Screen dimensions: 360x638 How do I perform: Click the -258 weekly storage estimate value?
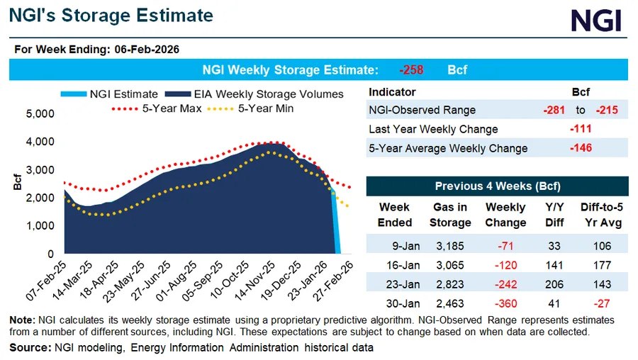411,70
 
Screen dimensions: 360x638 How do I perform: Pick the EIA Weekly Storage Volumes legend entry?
253,94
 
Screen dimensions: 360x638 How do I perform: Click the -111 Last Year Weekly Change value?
581,129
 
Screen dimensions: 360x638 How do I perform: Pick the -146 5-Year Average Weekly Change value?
581,148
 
